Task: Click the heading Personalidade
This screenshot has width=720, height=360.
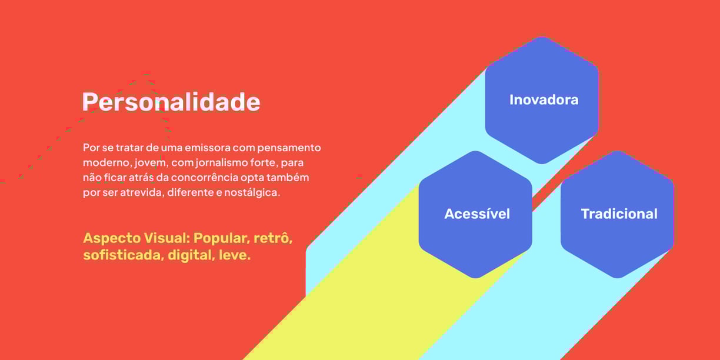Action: (x=171, y=102)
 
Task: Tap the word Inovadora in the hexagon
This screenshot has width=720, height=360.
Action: (x=544, y=100)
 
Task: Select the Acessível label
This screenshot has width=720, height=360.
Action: (x=477, y=214)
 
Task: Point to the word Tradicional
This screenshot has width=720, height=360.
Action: (x=619, y=214)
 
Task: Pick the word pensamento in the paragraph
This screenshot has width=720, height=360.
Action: (x=289, y=148)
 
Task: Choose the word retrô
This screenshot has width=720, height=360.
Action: (x=273, y=238)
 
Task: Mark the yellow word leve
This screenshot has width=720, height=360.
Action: (x=234, y=255)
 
